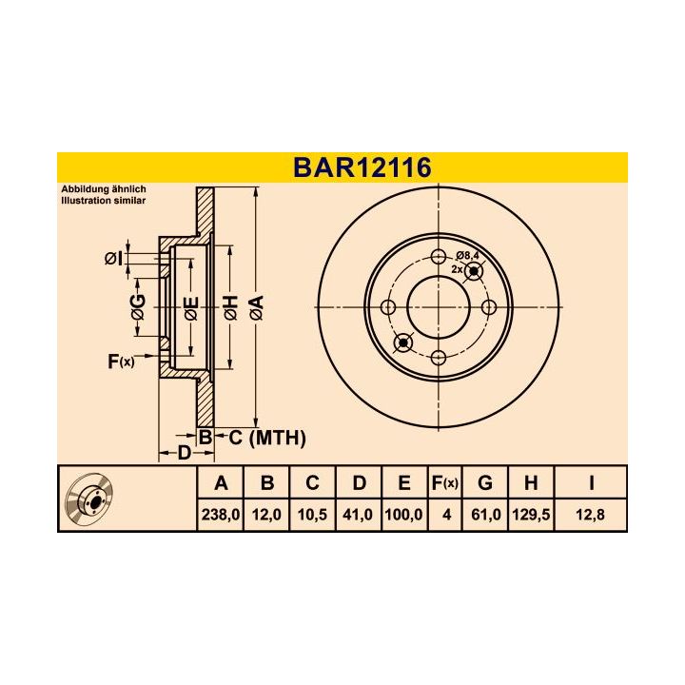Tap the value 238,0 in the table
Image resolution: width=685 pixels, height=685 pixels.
click(x=221, y=514)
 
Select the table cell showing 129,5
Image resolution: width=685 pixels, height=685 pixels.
click(x=530, y=514)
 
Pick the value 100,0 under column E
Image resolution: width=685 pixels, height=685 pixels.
click(x=403, y=514)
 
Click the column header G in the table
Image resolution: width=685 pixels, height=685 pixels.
click(x=485, y=483)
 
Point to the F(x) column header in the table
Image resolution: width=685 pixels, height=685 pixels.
click(x=444, y=483)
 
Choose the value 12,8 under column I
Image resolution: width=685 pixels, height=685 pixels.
click(x=590, y=514)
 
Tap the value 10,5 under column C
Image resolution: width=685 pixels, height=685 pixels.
click(x=312, y=514)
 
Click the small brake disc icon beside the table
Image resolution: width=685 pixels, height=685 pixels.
click(x=92, y=499)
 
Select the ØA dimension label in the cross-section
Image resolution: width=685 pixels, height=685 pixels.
click(x=256, y=307)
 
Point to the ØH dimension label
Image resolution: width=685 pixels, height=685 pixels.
click(x=229, y=307)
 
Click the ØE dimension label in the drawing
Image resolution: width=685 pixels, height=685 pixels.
click(x=190, y=307)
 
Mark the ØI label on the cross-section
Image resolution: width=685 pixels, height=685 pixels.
click(x=112, y=258)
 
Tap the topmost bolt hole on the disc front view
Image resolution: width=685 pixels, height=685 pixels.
click(x=439, y=257)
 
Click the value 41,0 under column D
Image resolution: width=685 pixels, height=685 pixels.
click(x=358, y=514)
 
